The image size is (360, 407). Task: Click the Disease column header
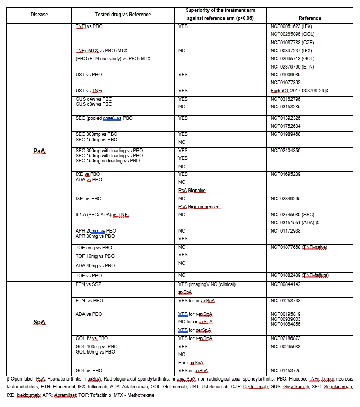click(x=39, y=15)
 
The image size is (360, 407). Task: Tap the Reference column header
click(x=310, y=18)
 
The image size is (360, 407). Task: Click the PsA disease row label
click(x=39, y=151)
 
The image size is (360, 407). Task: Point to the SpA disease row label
click(x=39, y=323)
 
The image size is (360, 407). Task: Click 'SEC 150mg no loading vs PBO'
click(x=107, y=161)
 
